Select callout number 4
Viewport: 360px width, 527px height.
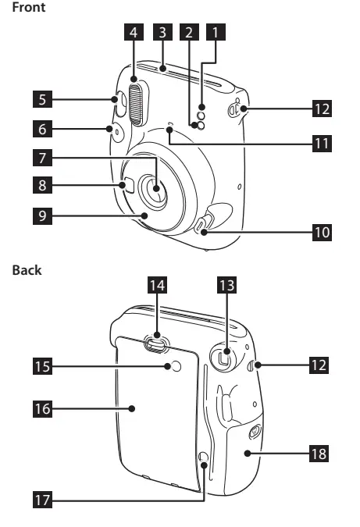[134, 33]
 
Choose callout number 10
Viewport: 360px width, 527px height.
[322, 232]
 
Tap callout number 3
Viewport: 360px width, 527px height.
[162, 33]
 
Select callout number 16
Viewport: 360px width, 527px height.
[42, 408]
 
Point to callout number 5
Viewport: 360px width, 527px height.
[42, 99]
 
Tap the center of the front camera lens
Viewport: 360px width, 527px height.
[158, 190]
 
